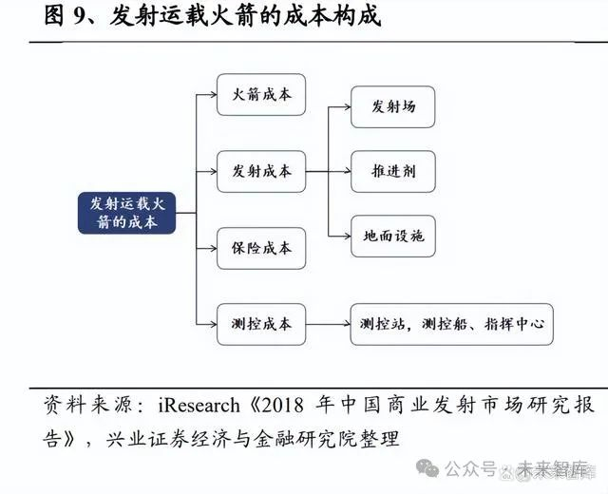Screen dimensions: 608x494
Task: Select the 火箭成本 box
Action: (261, 95)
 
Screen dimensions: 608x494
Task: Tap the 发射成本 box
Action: (261, 172)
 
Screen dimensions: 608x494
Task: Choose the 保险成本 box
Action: (261, 249)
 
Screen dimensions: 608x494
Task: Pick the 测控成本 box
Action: (261, 325)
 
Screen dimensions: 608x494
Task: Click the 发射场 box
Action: (393, 106)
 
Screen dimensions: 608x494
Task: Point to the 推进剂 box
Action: (393, 172)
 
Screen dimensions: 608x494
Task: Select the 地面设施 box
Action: (393, 236)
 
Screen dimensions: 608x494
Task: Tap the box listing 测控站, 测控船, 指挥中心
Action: (451, 325)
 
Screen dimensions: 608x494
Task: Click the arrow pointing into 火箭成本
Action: (206, 95)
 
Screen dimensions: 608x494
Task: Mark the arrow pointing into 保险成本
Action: (206, 249)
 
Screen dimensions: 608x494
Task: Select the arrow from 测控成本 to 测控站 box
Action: (328, 325)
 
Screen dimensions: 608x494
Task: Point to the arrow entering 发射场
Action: (339, 106)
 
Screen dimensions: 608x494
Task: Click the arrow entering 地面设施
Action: (339, 236)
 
